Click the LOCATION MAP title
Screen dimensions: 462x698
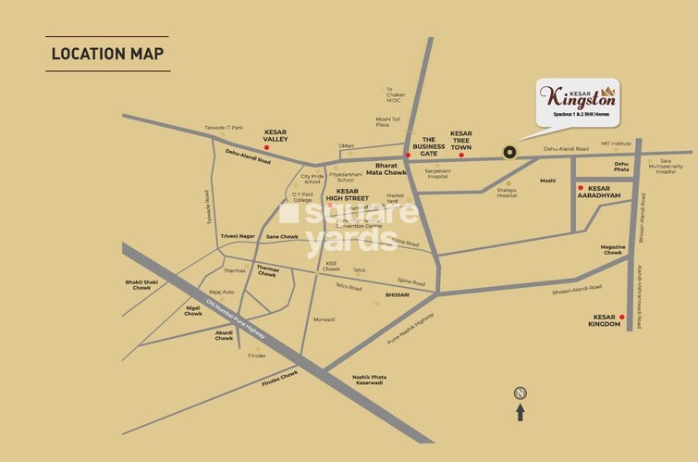pyautogui.click(x=107, y=53)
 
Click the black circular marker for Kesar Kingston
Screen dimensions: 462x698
pyautogui.click(x=509, y=154)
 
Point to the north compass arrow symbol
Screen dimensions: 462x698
pyautogui.click(x=520, y=404)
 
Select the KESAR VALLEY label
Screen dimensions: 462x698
pyautogui.click(x=276, y=135)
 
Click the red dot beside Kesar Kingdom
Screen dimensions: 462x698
pyautogui.click(x=622, y=318)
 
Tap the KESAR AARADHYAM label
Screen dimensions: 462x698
pyautogui.click(x=606, y=192)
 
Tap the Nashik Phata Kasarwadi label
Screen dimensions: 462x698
pyautogui.click(x=368, y=380)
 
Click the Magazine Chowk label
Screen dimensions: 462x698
pyautogui.click(x=613, y=249)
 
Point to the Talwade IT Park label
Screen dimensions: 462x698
pyautogui.click(x=224, y=128)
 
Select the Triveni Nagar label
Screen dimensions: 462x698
pyautogui.click(x=237, y=236)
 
